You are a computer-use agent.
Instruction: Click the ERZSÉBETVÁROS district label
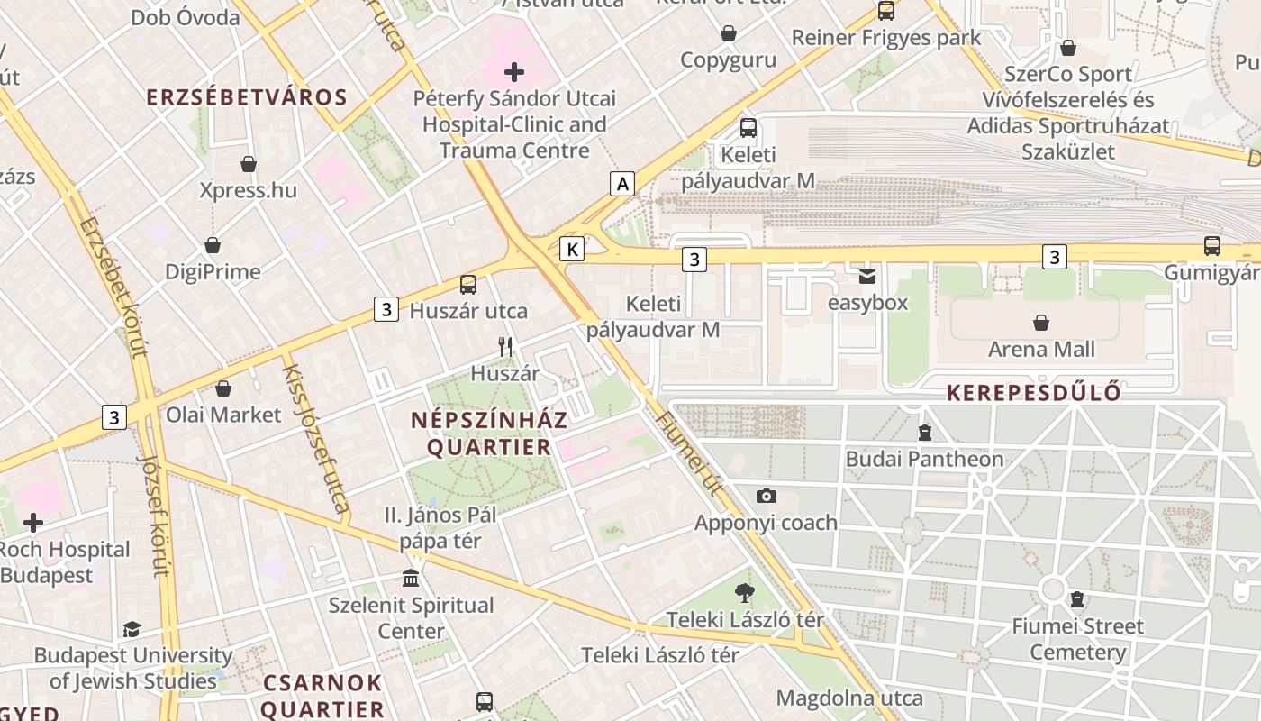point(247,98)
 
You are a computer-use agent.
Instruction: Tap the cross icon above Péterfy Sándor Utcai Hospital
point(514,72)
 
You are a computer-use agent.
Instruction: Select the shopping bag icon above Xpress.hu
point(249,164)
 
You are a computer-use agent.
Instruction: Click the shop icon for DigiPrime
point(213,245)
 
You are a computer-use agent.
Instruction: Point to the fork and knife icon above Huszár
point(505,346)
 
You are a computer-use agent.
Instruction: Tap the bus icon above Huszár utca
point(468,285)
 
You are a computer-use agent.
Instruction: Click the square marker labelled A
point(621,184)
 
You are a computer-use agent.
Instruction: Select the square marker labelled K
point(572,249)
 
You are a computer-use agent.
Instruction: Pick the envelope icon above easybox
point(867,276)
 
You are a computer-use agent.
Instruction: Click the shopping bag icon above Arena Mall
point(1041,323)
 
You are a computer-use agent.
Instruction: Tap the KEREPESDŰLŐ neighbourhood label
point(1034,393)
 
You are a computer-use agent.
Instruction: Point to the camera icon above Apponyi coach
point(767,496)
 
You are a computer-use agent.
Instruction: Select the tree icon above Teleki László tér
point(745,593)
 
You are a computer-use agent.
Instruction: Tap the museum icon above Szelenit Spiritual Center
point(411,578)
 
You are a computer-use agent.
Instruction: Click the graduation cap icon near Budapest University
point(132,629)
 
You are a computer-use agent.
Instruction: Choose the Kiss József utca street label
point(316,438)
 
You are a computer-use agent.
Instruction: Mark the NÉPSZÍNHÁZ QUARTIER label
point(489,434)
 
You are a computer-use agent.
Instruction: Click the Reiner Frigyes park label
point(886,38)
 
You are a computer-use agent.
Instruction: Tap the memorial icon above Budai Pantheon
point(924,433)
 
